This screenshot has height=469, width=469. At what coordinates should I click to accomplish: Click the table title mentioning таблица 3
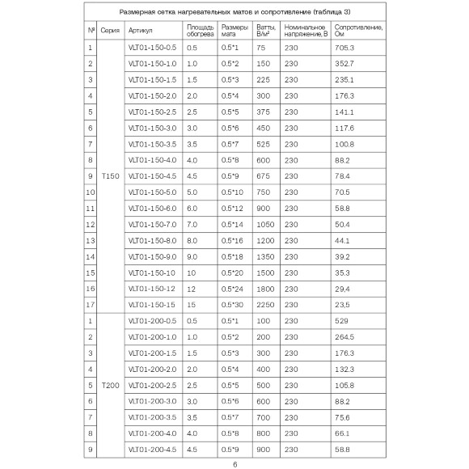(x=234, y=13)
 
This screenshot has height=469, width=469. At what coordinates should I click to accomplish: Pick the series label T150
(x=111, y=175)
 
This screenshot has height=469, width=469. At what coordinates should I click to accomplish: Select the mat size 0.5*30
(x=233, y=304)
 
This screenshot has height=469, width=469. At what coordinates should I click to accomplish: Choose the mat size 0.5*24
(x=233, y=288)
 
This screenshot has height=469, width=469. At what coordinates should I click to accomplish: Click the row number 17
(x=91, y=304)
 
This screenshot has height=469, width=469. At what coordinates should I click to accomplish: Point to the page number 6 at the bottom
(x=234, y=464)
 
